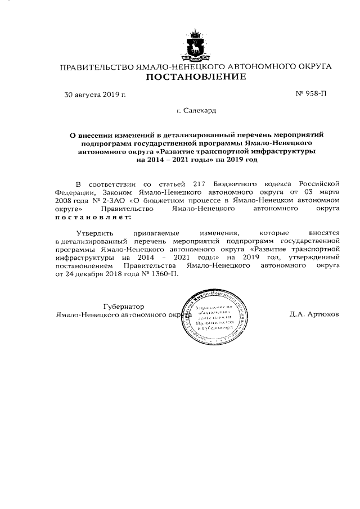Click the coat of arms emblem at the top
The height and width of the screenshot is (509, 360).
click(195, 46)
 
